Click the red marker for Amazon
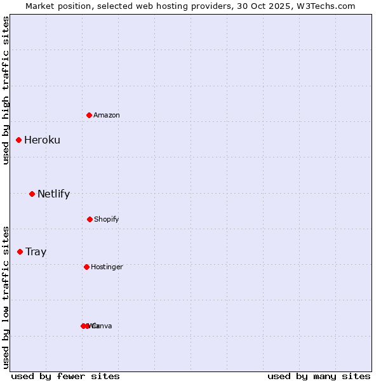90,115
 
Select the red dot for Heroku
19,140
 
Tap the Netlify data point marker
32,194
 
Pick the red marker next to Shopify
90,219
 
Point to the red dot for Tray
20,251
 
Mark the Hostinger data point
86,267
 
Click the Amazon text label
107,115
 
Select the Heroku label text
42,140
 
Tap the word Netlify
53,194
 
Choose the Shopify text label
107,219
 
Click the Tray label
36,251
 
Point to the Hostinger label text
107,267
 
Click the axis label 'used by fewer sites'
65,376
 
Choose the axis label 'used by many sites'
319,376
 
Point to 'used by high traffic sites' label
6,90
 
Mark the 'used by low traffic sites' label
6,297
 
